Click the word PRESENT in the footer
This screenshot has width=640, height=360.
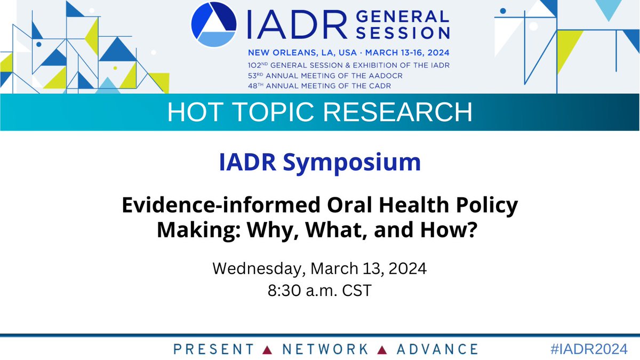[213, 349]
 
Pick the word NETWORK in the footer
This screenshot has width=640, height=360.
[325, 349]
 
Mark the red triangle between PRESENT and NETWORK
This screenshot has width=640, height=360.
[269, 350]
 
